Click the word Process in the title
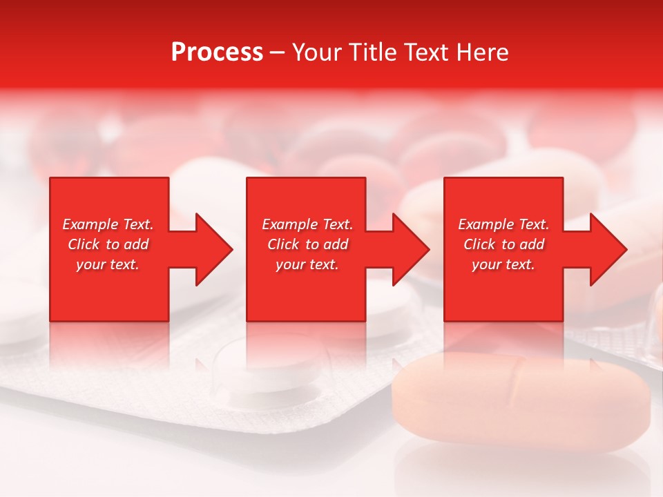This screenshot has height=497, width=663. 217,52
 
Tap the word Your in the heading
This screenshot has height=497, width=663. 317,52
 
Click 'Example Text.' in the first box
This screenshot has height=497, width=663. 108,224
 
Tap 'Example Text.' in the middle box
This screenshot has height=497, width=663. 307,224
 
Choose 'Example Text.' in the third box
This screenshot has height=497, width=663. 503,224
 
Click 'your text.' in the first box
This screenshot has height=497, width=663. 108,264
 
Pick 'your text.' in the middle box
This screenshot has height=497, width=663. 307,264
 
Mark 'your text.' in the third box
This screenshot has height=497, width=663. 503,264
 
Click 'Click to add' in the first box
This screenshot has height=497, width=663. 108,244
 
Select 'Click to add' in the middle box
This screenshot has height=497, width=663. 307,244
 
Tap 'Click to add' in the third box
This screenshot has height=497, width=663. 503,244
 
